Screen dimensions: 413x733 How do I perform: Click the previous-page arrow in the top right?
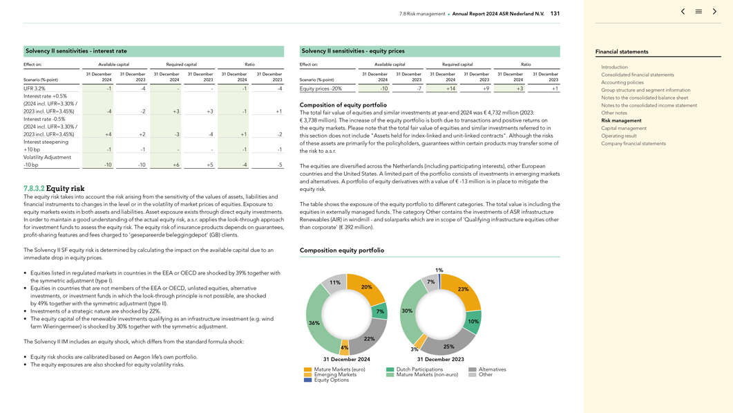tap(683, 12)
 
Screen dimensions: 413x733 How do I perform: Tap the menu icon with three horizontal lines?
tap(698, 12)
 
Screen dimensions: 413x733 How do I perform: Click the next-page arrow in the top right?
tap(715, 12)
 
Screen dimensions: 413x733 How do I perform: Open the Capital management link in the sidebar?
tap(624, 128)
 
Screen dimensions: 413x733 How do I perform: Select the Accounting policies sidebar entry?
tap(622, 82)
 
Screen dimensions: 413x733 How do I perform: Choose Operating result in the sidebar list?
tap(618, 136)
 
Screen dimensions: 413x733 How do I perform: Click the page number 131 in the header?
tap(555, 13)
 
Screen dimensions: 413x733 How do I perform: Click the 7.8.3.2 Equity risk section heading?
tap(54, 188)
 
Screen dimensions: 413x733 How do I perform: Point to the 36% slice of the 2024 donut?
tap(314, 323)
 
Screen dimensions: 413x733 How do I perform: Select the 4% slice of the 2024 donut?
tap(344, 350)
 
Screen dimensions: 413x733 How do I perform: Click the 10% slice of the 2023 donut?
tap(473, 322)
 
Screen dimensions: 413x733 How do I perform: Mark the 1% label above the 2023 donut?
tap(439, 270)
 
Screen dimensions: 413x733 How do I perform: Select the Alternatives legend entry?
tap(492, 369)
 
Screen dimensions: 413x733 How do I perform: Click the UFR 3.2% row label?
tap(35, 89)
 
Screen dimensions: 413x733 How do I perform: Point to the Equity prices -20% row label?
tap(321, 89)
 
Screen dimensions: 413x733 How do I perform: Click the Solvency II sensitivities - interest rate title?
tap(76, 51)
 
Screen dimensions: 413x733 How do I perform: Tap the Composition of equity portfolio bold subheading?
tap(343, 105)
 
